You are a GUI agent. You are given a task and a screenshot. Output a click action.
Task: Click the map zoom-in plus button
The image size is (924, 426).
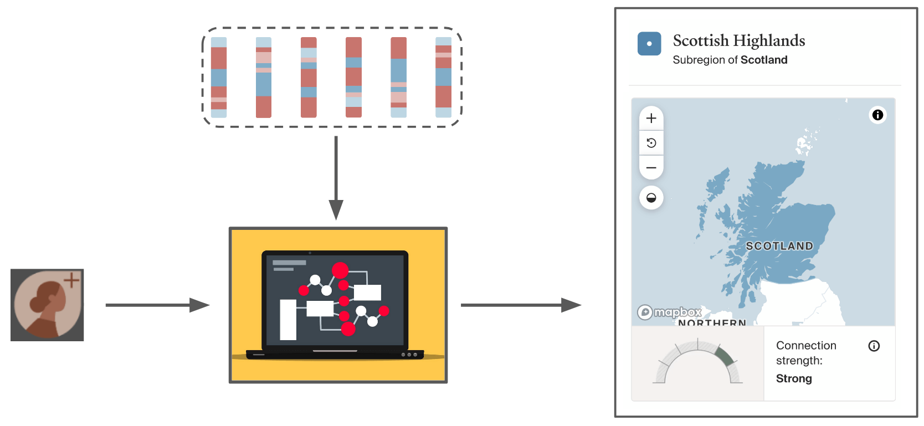[x=651, y=118]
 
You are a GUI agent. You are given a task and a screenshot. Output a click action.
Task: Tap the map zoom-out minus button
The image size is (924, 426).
[x=651, y=167]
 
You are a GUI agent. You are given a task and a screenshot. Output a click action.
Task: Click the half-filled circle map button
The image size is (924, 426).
[x=651, y=198]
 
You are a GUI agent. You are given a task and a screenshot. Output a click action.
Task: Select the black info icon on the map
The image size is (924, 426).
[x=877, y=115]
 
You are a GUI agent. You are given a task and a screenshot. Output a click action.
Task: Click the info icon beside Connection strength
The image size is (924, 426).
[x=874, y=346]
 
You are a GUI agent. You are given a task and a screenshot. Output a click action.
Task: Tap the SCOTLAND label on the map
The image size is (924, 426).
[x=779, y=246]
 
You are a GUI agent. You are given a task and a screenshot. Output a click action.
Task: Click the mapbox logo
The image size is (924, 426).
[x=670, y=312]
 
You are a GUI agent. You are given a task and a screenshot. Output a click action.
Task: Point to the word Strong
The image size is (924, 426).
[x=794, y=379]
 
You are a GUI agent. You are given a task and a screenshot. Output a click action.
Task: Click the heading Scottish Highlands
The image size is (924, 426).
[x=738, y=41]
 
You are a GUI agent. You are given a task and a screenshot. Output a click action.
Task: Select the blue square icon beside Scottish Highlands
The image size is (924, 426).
[x=649, y=44]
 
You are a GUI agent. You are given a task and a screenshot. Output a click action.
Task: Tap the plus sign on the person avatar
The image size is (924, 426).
[x=71, y=280]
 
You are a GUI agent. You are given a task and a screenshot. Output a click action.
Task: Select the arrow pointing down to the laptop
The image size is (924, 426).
[x=336, y=177]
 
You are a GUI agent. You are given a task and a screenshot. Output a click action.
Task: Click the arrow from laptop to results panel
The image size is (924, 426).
[x=520, y=305]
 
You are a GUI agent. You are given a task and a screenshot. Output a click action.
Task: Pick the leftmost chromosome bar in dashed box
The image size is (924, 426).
[x=219, y=78]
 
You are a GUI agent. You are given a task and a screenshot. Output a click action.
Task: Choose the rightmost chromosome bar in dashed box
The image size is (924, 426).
[x=443, y=78]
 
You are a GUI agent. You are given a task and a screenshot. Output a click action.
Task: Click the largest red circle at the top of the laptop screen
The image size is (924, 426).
[x=340, y=270]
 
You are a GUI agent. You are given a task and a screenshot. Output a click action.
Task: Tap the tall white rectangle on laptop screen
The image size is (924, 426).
[x=288, y=320]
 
